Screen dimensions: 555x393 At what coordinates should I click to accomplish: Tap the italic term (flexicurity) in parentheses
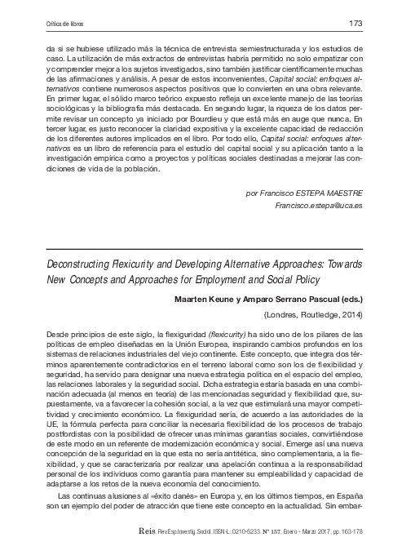184,335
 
